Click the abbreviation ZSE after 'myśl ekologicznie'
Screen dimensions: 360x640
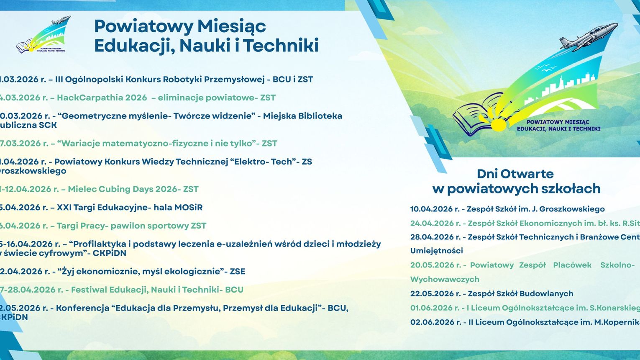tap(237, 271)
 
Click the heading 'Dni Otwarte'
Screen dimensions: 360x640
tap(515, 174)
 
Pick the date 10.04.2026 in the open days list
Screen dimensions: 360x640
tap(432, 209)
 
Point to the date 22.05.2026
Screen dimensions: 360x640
tap(432, 293)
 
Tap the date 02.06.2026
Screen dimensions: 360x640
tap(432, 322)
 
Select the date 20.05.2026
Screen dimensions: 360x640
tap(432, 265)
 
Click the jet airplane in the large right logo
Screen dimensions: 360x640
tap(588, 36)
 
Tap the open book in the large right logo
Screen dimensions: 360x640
tap(475, 115)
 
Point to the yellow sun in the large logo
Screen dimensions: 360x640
tap(498, 124)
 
